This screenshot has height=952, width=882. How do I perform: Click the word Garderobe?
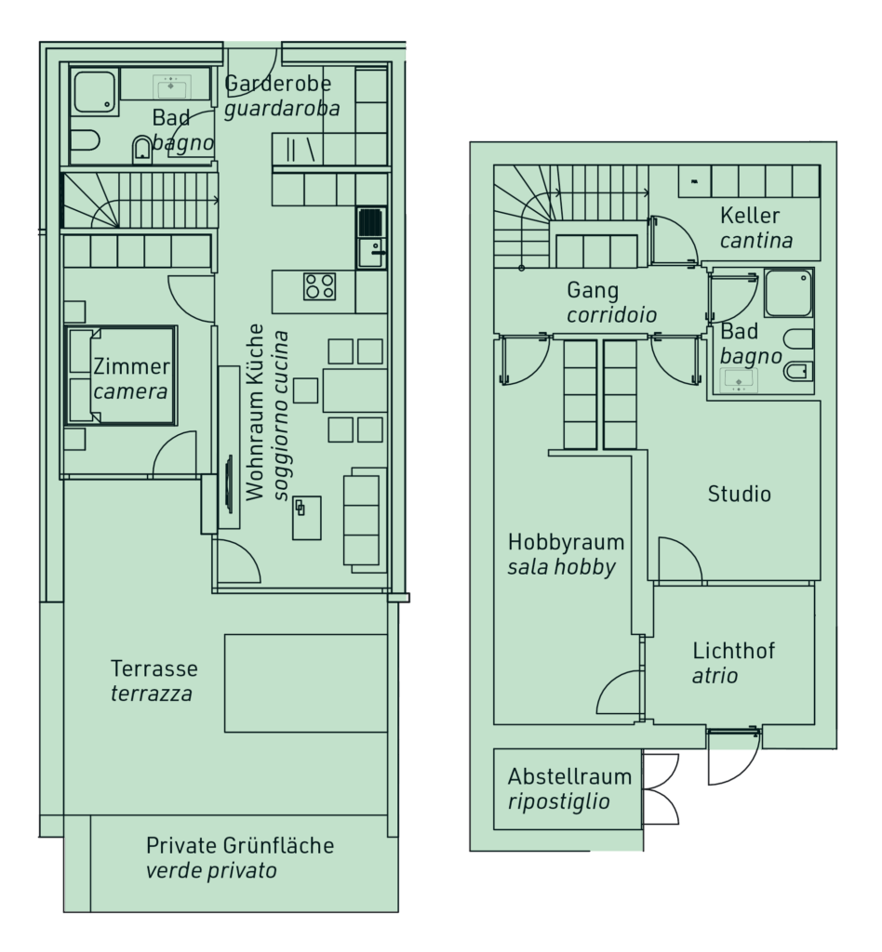click(x=278, y=84)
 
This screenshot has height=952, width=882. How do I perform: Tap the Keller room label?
click(x=750, y=216)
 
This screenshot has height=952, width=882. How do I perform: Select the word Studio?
click(x=740, y=494)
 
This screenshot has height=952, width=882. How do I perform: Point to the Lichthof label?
click(x=734, y=651)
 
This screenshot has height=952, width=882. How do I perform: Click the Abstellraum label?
click(x=569, y=776)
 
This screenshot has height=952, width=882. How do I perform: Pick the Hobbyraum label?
click(x=557, y=542)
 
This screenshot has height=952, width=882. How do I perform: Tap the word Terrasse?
click(x=154, y=668)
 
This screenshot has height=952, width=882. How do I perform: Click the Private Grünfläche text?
click(x=240, y=845)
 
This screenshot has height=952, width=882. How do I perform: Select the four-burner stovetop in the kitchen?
click(x=320, y=286)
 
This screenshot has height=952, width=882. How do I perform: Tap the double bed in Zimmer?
click(x=122, y=376)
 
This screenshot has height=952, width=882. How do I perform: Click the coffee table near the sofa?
click(x=307, y=517)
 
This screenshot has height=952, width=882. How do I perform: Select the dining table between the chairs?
click(x=354, y=390)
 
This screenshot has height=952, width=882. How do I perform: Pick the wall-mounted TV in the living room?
click(x=229, y=483)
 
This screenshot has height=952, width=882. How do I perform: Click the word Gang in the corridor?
click(x=593, y=290)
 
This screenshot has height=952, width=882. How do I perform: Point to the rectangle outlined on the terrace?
click(x=306, y=683)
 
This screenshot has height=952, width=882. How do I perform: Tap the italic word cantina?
click(x=756, y=241)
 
